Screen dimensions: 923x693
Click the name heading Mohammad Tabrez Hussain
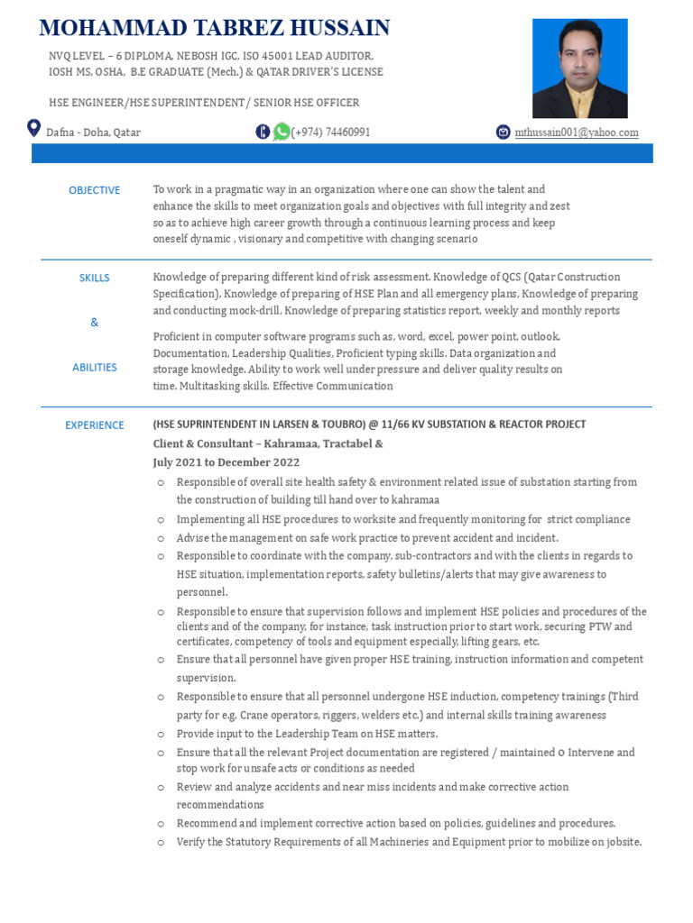[x=215, y=29]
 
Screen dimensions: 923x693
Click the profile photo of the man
[x=579, y=69]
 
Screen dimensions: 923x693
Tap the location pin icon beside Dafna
[x=34, y=129]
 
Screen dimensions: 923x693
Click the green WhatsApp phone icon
[x=282, y=132]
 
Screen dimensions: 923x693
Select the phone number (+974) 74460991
[x=331, y=133]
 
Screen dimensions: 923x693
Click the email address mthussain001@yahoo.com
[x=577, y=133]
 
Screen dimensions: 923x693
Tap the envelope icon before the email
[x=504, y=133]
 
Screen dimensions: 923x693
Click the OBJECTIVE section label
[x=95, y=190]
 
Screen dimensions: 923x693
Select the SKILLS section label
[x=95, y=278]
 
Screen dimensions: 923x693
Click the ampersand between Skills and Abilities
[x=95, y=322]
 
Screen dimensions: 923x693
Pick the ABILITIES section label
[x=95, y=367]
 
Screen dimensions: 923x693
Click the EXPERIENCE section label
[x=95, y=425]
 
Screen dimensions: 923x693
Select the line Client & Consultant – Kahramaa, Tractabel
[x=268, y=443]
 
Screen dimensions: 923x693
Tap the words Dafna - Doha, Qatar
[x=94, y=133]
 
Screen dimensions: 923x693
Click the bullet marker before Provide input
[x=161, y=735]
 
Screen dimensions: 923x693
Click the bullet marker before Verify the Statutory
[x=161, y=842]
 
